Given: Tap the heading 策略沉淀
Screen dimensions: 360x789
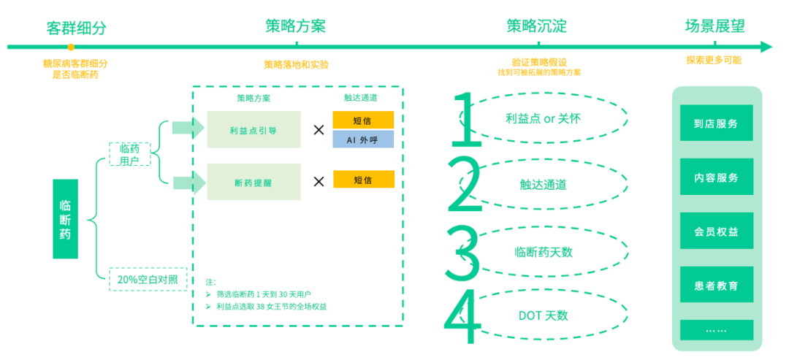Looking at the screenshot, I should point(537,26).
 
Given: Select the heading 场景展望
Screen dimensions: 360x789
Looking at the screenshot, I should point(714,26).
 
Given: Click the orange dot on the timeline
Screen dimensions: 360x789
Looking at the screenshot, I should point(71,47).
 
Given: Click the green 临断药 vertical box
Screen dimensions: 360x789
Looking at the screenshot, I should point(65,219).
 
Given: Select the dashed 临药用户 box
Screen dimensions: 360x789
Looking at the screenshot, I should point(129,155).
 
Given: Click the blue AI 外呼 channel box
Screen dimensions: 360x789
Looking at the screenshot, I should point(363,139).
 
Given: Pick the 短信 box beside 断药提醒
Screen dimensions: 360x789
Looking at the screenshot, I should point(363,180).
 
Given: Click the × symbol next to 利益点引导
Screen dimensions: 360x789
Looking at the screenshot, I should point(319,130).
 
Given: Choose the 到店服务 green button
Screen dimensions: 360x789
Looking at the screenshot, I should point(716,123).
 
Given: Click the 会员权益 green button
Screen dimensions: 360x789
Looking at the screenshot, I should point(716,231).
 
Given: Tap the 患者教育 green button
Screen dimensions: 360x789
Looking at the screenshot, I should point(716,286).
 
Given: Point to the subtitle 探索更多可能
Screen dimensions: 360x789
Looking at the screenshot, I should point(713,60).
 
